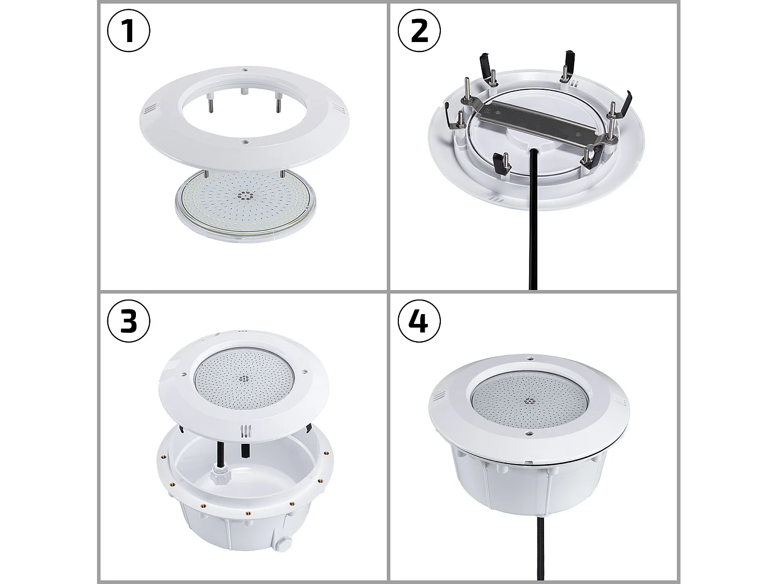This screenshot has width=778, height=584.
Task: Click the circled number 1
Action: click(x=129, y=31)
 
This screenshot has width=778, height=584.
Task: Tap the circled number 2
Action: click(x=419, y=31)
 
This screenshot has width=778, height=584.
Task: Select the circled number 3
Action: click(x=129, y=321)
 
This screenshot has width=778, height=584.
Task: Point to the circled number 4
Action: click(x=419, y=321)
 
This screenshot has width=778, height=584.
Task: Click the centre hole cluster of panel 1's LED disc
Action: click(x=244, y=196)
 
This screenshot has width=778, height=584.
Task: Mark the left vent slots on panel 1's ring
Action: click(x=149, y=109)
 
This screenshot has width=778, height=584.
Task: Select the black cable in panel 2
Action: click(x=533, y=234)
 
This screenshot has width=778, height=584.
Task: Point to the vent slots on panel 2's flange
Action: click(x=497, y=200)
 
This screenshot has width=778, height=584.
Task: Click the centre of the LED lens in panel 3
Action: click(x=243, y=378)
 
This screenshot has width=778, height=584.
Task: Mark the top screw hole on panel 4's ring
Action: click(x=530, y=358)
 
